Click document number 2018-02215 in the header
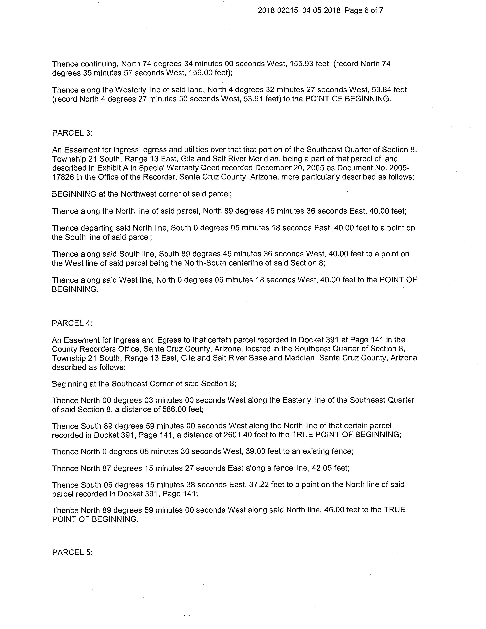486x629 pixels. [x=278, y=11]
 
